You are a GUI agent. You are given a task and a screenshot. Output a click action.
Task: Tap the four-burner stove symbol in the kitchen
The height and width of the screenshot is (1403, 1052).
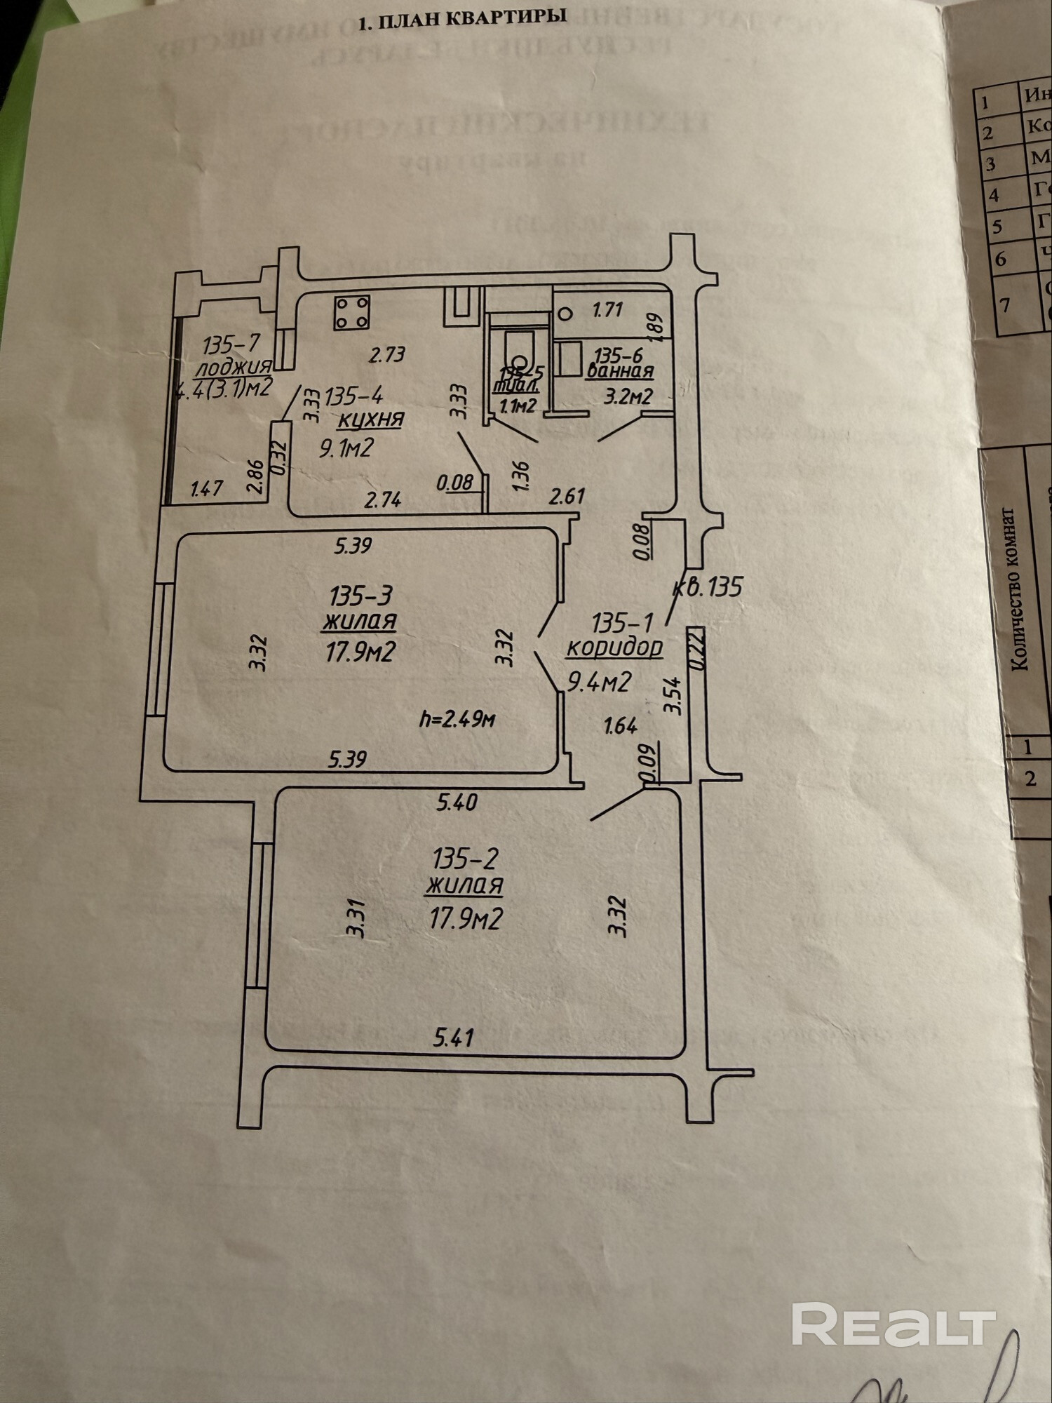[x=352, y=312]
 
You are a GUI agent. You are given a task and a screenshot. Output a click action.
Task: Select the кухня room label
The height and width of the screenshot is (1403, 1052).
[x=371, y=419]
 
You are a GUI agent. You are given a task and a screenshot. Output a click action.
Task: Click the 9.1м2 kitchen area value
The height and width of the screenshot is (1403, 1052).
[x=346, y=448]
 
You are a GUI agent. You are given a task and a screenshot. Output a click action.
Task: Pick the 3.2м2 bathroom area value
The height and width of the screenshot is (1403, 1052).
[x=628, y=397]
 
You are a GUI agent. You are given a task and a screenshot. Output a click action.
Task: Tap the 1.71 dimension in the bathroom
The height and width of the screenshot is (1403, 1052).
[x=607, y=309]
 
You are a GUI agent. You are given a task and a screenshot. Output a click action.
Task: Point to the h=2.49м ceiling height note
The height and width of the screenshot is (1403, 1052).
[x=458, y=719]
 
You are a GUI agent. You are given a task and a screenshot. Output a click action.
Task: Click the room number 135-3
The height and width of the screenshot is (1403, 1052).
[x=360, y=596]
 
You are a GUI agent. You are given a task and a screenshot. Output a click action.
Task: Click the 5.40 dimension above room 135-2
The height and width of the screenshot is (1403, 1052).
[x=457, y=801]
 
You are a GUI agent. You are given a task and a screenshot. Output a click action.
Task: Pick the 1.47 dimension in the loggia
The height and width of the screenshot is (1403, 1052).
[x=207, y=488]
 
